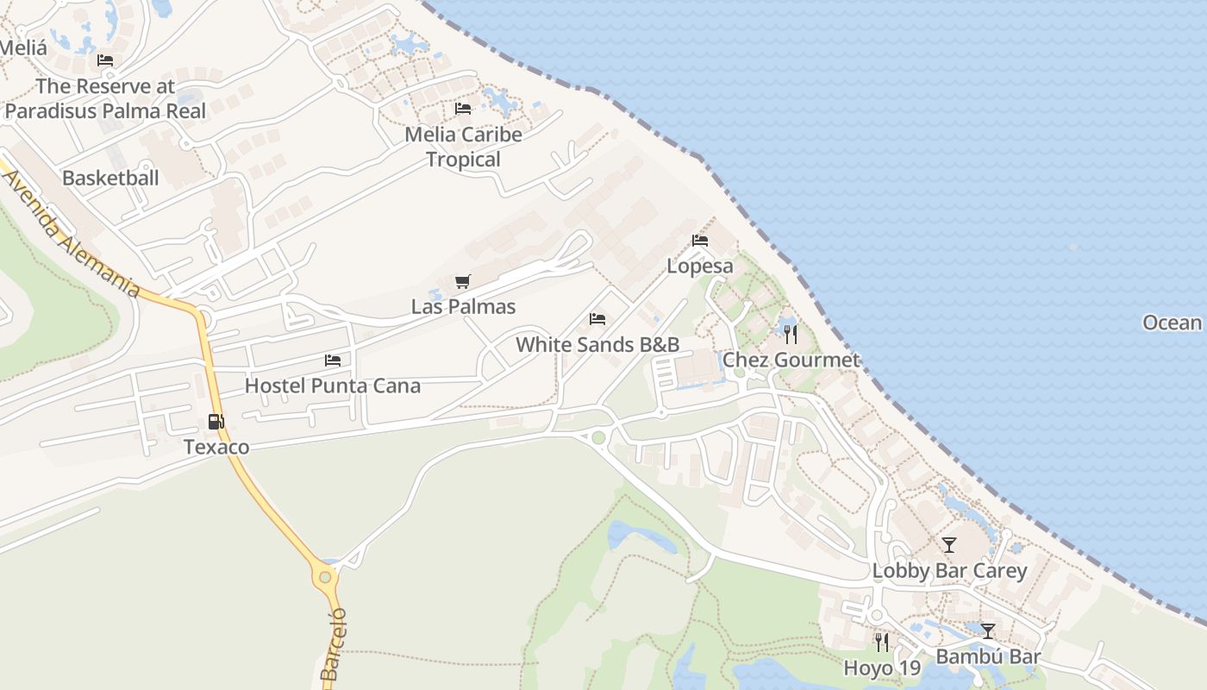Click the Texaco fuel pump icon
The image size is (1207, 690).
pyautogui.click(x=216, y=422)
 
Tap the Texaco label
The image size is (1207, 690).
pyautogui.click(x=216, y=447)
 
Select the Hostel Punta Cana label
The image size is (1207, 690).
pyautogui.click(x=333, y=386)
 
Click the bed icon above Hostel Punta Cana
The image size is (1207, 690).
pyautogui.click(x=333, y=360)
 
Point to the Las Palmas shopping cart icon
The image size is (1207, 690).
pyautogui.click(x=463, y=281)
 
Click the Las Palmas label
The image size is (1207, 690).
pyautogui.click(x=463, y=306)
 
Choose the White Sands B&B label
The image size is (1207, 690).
pyautogui.click(x=597, y=345)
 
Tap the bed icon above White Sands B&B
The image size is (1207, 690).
pyautogui.click(x=597, y=319)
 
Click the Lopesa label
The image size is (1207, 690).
pyautogui.click(x=700, y=266)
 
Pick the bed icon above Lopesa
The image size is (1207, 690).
pyautogui.click(x=700, y=241)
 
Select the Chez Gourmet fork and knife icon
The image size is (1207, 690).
pyautogui.click(x=791, y=335)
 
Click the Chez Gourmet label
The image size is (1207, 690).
pyautogui.click(x=791, y=360)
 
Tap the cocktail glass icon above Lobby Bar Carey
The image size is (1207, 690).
pyautogui.click(x=949, y=545)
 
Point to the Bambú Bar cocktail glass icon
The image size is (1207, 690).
pyautogui.click(x=988, y=631)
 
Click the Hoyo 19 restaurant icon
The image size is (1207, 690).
pyautogui.click(x=881, y=643)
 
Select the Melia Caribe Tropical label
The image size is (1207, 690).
pyautogui.click(x=463, y=147)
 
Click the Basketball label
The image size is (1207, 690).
pyautogui.click(x=110, y=179)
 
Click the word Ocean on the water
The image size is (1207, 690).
pyautogui.click(x=1172, y=323)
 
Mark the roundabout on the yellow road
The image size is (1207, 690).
pyautogui.click(x=325, y=577)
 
